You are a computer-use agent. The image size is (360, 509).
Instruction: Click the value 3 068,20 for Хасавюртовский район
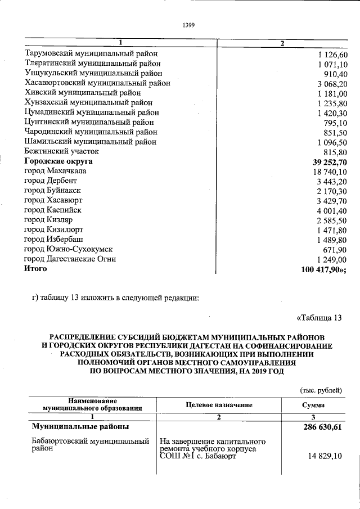point(332,83)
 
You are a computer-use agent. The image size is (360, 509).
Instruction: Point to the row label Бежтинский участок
point(62,151)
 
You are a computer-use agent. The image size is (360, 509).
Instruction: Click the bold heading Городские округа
point(58,161)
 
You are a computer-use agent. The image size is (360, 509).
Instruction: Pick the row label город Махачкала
point(55,171)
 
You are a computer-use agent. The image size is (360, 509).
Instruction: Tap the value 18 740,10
point(330,172)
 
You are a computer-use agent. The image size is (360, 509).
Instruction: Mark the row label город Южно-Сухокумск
point(69,249)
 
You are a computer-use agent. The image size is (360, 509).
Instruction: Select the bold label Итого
point(35,269)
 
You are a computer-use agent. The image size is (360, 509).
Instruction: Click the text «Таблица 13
point(319,318)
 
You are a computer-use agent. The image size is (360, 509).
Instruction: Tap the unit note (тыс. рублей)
point(319,390)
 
